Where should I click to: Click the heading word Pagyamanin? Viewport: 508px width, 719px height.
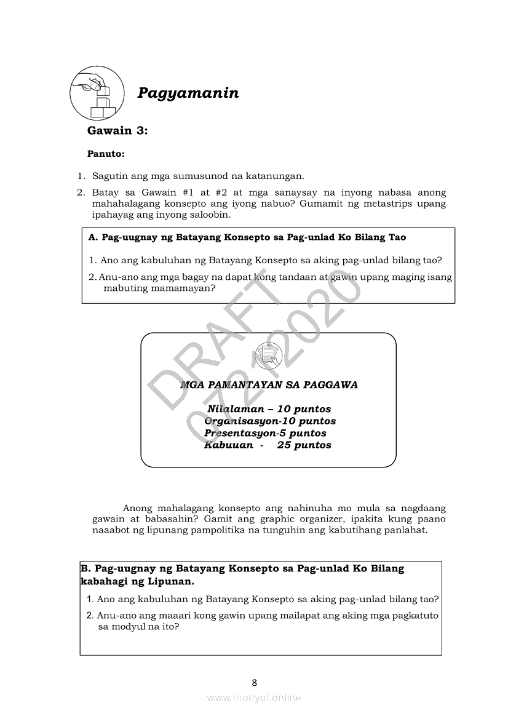click(188, 93)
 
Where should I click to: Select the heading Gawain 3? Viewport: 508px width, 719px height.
click(117, 130)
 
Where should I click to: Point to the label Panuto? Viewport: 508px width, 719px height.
click(106, 154)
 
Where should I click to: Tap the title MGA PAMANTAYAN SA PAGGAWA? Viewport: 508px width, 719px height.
click(269, 385)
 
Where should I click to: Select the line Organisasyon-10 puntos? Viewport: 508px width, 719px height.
click(270, 421)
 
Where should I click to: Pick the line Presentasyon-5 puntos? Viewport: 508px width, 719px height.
click(265, 433)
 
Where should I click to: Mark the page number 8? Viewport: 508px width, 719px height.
click(254, 681)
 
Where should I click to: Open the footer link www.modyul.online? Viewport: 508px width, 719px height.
click(254, 697)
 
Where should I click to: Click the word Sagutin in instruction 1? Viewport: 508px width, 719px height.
click(110, 177)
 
